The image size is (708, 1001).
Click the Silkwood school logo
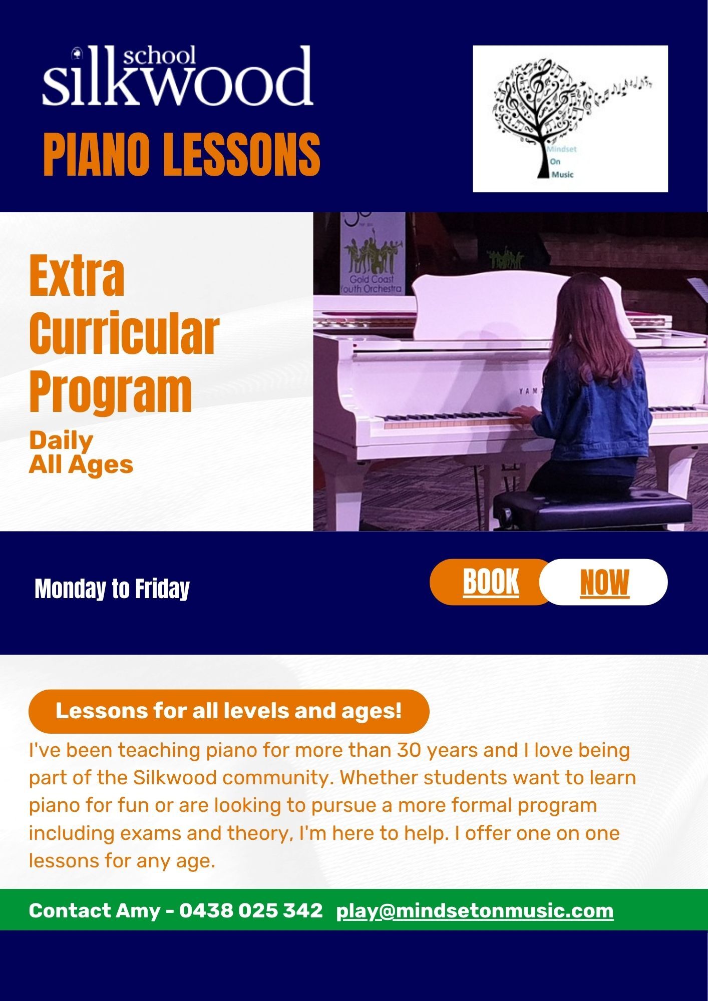click(178, 76)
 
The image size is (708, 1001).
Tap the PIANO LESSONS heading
click(182, 155)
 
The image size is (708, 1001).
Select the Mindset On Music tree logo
click(570, 119)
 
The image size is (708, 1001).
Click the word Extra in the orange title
click(77, 276)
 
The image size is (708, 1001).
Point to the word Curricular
click(124, 334)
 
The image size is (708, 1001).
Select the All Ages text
click(81, 465)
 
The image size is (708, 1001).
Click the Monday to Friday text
click(112, 589)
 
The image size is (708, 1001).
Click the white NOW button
click(604, 582)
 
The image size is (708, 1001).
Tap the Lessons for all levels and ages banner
click(229, 711)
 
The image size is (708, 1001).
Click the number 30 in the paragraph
click(411, 750)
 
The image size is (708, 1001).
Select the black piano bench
click(593, 509)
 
